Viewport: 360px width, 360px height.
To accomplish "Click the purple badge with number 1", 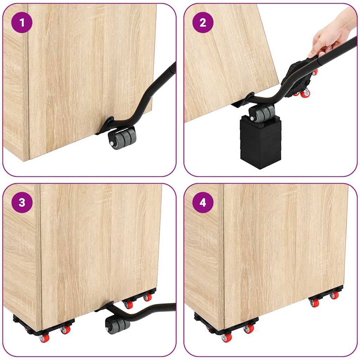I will (22, 23).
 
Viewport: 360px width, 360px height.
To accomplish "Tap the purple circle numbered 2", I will (203, 23).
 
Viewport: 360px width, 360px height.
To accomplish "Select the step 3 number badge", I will (22, 203).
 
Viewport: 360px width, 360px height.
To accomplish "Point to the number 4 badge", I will (203, 203).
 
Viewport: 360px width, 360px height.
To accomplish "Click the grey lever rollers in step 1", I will (122, 138).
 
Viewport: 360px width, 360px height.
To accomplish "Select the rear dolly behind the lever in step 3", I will (139, 298).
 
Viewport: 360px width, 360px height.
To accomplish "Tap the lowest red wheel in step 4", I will (227, 338).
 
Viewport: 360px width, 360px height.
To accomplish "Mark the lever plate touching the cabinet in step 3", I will (105, 307).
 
